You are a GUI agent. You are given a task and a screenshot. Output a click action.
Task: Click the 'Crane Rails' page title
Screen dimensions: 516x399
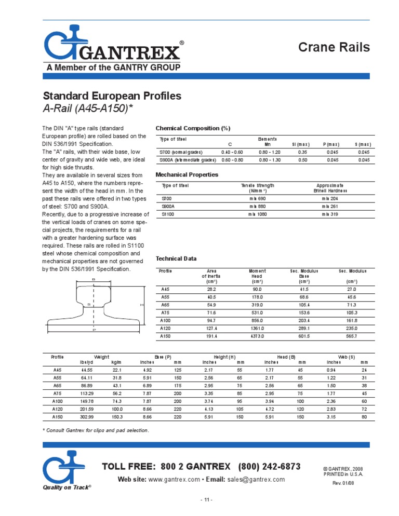334,47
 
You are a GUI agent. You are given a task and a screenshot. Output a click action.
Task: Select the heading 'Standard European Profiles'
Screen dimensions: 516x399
111,96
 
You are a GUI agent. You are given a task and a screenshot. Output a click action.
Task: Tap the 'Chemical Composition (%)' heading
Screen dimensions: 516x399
193,128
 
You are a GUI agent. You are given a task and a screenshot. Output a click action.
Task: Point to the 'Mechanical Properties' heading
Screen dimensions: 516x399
187,174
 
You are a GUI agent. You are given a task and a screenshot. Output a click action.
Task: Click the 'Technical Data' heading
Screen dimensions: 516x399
177,258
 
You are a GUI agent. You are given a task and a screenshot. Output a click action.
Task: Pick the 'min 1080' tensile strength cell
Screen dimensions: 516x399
257,213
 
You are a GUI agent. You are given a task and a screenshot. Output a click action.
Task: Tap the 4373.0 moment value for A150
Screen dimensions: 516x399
257,336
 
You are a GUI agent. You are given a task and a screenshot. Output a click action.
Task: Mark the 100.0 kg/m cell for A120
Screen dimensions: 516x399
117,410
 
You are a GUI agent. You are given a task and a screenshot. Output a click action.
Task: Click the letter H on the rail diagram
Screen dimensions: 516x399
142,305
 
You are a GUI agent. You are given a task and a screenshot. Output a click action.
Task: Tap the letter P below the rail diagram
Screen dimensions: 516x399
94,330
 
